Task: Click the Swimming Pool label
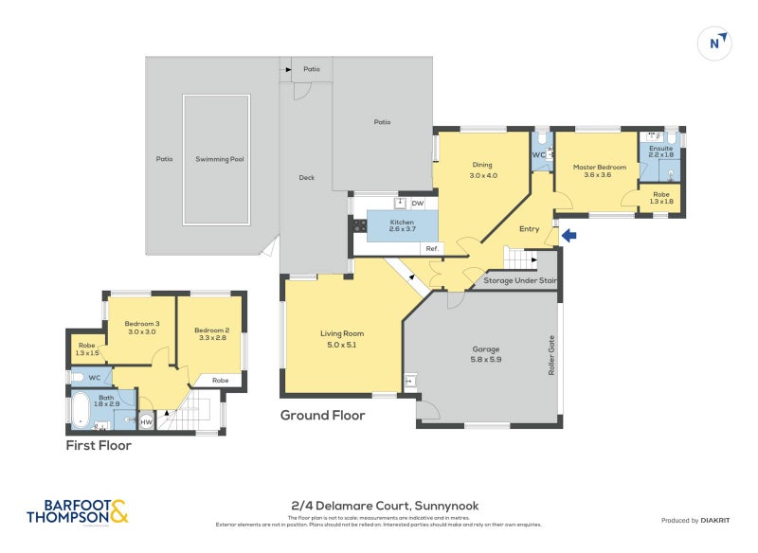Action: (219, 159)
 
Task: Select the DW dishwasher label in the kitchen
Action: (417, 203)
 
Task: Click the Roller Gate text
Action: (550, 356)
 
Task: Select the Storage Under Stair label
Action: (520, 281)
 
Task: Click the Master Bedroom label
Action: (599, 170)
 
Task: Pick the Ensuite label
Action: (660, 152)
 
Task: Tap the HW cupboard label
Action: (146, 422)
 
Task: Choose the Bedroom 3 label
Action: (141, 328)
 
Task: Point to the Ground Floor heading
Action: (322, 415)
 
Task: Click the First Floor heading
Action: (98, 445)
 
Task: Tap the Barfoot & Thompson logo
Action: (76, 511)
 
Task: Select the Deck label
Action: (306, 178)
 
